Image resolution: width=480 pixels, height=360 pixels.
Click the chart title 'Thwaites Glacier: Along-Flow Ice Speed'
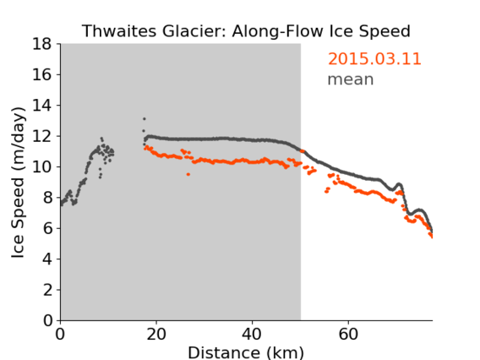[x=246, y=31]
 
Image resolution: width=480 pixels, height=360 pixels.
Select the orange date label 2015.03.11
[x=374, y=59]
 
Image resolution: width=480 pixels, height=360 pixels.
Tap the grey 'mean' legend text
[x=351, y=79]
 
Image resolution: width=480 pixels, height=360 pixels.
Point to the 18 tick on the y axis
[x=42, y=44]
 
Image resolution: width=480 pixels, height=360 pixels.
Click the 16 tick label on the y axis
[x=42, y=74]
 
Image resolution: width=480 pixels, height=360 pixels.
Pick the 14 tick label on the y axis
[x=42, y=106]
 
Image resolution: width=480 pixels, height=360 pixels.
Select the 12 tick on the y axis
[x=42, y=136]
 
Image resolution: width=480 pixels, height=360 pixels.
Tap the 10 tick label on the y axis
[x=42, y=166]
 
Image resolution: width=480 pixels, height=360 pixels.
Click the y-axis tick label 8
[x=47, y=198]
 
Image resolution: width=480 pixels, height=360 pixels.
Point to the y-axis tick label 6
[x=47, y=228]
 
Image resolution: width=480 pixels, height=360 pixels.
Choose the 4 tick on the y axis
[x=47, y=259]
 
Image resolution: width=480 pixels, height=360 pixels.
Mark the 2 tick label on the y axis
[x=47, y=290]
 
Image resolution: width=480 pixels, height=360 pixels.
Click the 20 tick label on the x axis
[x=156, y=334]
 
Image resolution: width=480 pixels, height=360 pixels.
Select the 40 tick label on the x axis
[x=252, y=334]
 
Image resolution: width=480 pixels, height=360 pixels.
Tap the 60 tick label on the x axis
[x=348, y=334]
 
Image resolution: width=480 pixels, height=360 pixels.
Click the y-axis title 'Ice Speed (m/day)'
[x=18, y=183]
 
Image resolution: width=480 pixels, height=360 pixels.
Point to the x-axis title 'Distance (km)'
[x=246, y=352]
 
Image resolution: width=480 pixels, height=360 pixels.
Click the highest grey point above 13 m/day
[x=145, y=119]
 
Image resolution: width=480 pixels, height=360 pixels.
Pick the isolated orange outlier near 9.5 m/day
[x=188, y=174]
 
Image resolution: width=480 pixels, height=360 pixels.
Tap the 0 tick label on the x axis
[x=60, y=334]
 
